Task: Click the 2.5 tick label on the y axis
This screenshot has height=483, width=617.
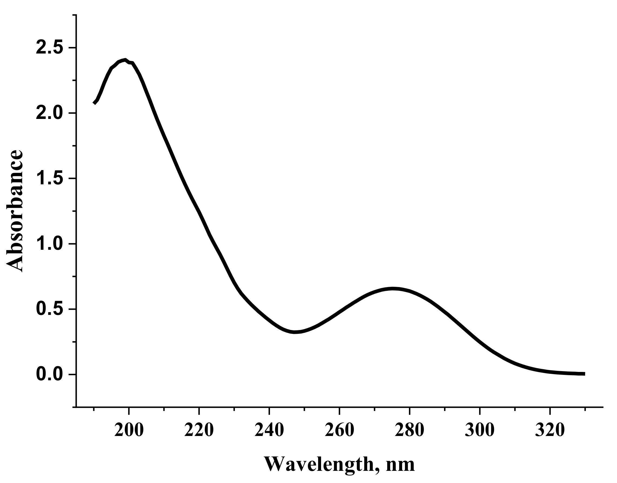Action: [50, 48]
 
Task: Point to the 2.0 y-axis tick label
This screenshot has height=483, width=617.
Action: [50, 113]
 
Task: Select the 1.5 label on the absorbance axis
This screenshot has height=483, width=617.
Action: [50, 178]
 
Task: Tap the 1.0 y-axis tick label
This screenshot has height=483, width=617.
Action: [50, 244]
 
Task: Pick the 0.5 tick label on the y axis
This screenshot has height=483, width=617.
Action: [50, 309]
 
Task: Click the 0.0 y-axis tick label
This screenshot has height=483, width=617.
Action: [50, 374]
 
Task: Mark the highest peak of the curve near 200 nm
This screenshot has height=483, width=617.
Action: [125, 60]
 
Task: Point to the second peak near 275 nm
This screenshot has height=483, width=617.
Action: [392, 289]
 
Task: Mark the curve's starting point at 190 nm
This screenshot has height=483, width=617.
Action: [94, 103]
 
